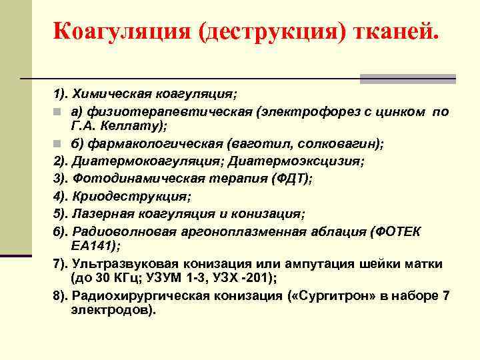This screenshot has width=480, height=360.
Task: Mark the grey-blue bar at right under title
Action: click(407, 79)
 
